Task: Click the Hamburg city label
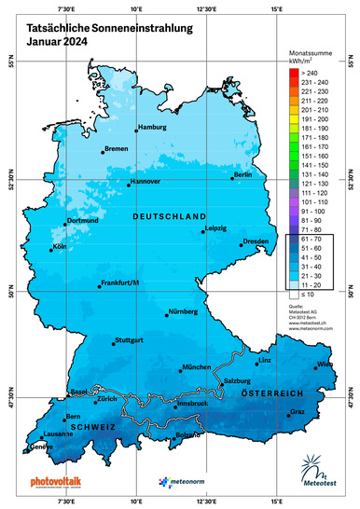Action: click(151, 127)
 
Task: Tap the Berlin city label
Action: click(242, 174)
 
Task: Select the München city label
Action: click(197, 367)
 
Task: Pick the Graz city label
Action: click(298, 411)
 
